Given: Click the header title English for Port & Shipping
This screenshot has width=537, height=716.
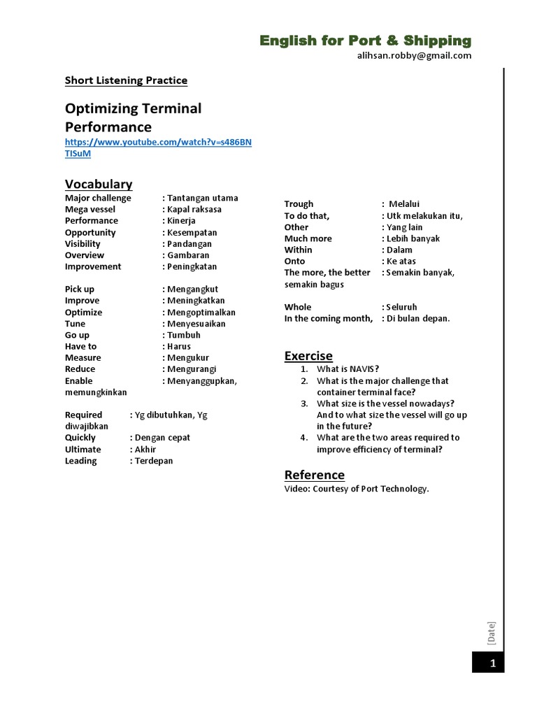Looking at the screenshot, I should [x=365, y=41].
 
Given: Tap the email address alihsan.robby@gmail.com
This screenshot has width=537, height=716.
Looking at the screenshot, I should [x=414, y=56].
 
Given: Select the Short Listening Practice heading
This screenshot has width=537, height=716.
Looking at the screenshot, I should [x=126, y=80].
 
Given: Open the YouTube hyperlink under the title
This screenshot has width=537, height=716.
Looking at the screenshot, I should [x=158, y=142].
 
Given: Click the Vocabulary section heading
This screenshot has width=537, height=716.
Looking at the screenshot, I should [x=99, y=184].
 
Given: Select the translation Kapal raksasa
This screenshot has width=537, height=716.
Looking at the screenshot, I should [x=194, y=209].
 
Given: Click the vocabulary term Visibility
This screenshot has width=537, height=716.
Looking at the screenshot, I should [x=83, y=244].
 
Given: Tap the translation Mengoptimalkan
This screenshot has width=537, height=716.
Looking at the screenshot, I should [x=201, y=313].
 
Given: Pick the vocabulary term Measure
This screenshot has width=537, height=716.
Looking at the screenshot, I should [x=83, y=357].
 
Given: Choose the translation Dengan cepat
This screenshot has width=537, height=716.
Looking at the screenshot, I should [x=162, y=438].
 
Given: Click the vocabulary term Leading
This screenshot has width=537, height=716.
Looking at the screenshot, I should [x=81, y=461].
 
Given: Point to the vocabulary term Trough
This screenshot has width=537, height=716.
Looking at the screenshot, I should [x=299, y=204].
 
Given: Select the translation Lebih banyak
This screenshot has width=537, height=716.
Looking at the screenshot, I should [x=413, y=238].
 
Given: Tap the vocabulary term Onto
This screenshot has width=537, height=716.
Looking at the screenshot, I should [x=294, y=262].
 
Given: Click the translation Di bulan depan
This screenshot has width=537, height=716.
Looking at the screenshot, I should [x=418, y=319].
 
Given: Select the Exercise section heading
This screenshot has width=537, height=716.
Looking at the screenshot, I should [x=308, y=356].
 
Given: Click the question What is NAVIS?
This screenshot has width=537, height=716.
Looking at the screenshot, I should [x=348, y=369].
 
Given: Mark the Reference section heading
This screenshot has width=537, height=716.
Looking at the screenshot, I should [x=314, y=475].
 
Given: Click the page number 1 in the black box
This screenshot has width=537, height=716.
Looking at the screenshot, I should [x=492, y=663].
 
